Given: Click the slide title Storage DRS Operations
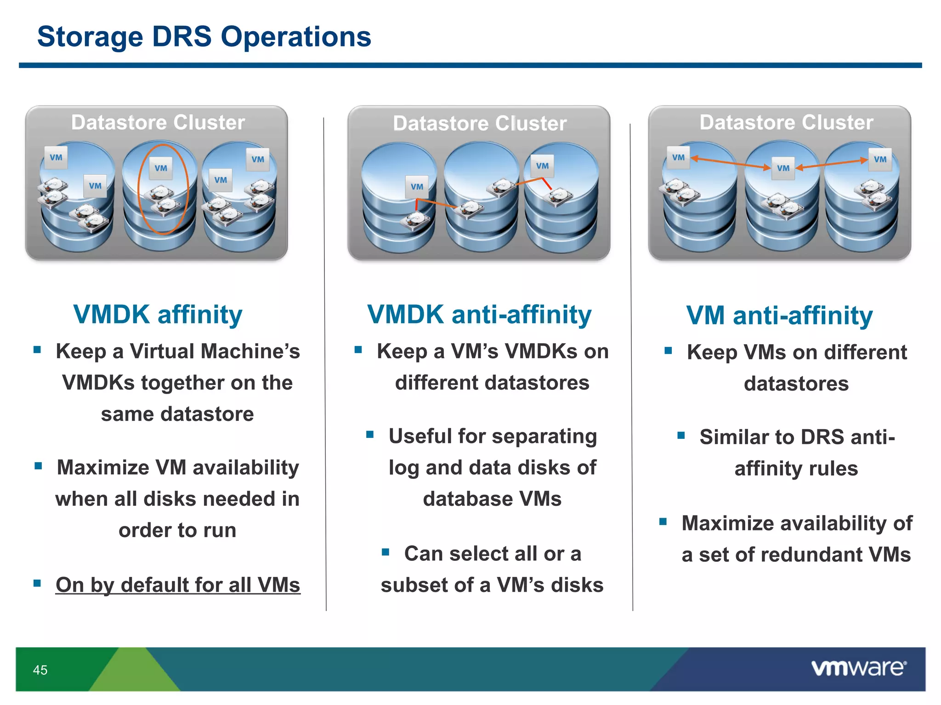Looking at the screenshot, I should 204,37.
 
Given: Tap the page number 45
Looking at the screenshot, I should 40,670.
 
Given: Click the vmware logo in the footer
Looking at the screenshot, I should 858,668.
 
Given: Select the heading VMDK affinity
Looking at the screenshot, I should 158,315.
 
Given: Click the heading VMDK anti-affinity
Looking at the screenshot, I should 479,315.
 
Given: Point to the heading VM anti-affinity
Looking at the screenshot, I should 779,316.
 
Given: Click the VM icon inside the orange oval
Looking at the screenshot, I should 161,168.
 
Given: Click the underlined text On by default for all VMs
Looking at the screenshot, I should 178,585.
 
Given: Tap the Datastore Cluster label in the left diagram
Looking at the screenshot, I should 158,123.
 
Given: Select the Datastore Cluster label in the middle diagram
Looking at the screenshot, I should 480,123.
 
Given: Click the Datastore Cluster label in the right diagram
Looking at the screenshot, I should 786,123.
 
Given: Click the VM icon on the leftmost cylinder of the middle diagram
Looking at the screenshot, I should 417,187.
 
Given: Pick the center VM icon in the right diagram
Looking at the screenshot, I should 783,168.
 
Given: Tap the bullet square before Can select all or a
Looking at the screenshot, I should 385,552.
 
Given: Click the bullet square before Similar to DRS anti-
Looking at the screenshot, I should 681,435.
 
